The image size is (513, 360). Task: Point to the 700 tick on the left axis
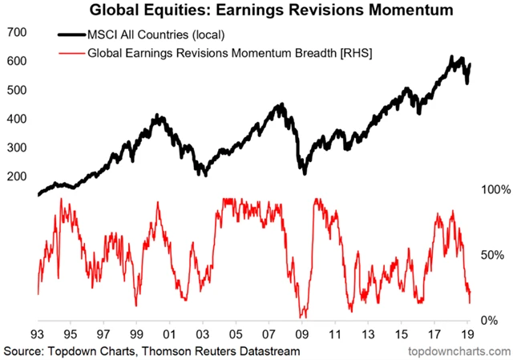pyautogui.click(x=18, y=33)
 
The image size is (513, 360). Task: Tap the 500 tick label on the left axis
pyautogui.click(x=18, y=90)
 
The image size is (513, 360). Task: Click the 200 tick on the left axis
pyautogui.click(x=18, y=176)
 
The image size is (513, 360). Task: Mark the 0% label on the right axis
pyautogui.click(x=491, y=321)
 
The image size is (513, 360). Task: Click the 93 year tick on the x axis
pyautogui.click(x=37, y=332)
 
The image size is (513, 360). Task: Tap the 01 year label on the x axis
pyautogui.click(x=170, y=332)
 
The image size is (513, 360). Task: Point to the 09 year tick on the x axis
pyautogui.click(x=302, y=332)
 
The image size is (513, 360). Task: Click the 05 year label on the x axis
pyautogui.click(x=236, y=332)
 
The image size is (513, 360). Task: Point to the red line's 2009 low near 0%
pyautogui.click(x=301, y=317)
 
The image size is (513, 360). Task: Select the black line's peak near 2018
pyautogui.click(x=453, y=58)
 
